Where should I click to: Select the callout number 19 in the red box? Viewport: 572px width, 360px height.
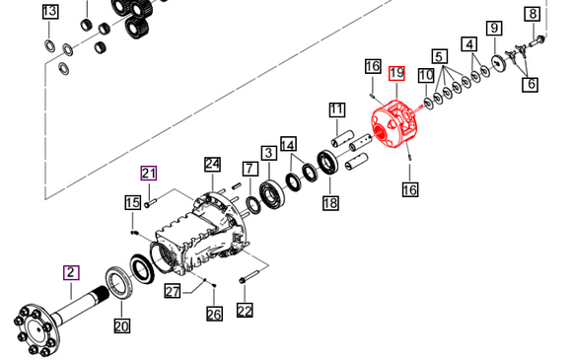[396, 73]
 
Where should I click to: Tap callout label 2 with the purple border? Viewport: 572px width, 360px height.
[71, 272]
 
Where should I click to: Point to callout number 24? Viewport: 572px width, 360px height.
[212, 164]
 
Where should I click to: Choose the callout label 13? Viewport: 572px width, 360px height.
[49, 12]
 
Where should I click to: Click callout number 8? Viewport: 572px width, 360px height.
[533, 13]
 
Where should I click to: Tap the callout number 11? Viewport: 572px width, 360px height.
[336, 108]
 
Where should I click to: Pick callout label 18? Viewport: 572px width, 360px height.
[329, 202]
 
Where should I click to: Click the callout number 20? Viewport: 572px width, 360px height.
[121, 326]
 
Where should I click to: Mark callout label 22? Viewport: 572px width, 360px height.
[244, 311]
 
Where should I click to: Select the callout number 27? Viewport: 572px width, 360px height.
[173, 290]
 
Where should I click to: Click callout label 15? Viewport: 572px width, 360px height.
[132, 202]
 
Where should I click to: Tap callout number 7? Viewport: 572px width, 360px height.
[250, 169]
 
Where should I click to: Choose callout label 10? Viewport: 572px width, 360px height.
[425, 75]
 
